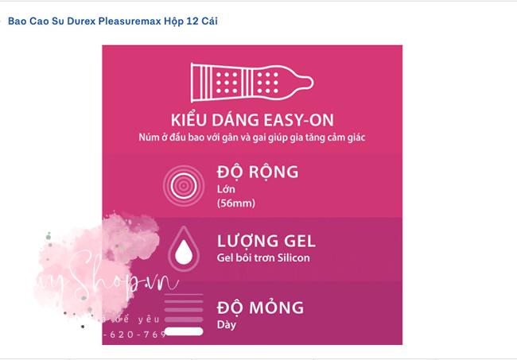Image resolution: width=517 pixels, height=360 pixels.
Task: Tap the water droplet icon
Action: (x=184, y=246)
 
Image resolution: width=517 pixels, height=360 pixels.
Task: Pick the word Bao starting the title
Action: (x=17, y=21)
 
